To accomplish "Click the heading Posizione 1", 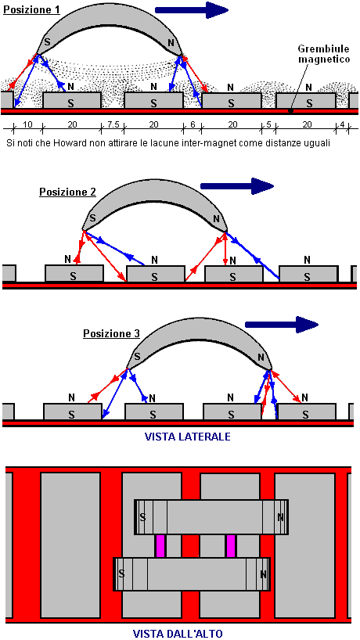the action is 31,9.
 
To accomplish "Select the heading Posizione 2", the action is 68,192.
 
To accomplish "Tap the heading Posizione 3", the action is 112,334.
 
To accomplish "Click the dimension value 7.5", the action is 112,125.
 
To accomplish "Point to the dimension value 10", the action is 27,125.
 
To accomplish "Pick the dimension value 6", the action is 193,125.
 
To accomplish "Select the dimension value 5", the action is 268,125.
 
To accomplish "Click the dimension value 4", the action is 342,125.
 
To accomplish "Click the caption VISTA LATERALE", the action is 188,437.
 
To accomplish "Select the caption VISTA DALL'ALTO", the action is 178,634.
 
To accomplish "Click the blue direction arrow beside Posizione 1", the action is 192,10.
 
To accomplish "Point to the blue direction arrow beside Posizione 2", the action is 236,186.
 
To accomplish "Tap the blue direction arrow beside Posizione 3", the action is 281,325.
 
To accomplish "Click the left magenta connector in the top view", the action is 160,546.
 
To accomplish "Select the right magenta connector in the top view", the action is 231,546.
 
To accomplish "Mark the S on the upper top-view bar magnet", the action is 143,517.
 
